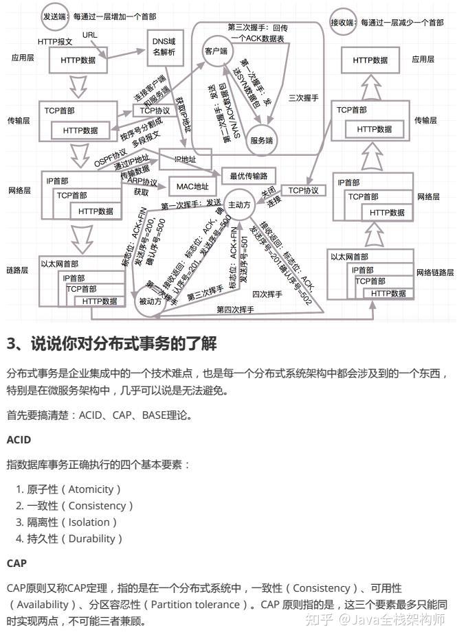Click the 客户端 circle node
click(216, 51)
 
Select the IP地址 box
click(184, 159)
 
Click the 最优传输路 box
click(248, 176)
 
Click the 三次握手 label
click(304, 99)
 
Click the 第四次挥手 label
click(235, 310)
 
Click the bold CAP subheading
click(16, 563)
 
